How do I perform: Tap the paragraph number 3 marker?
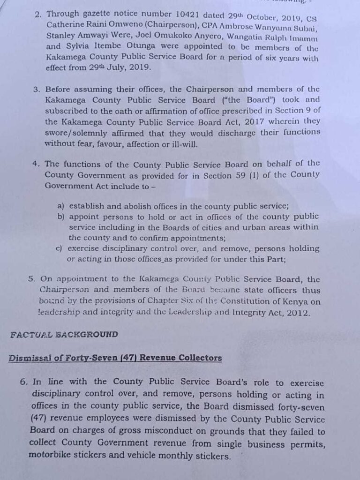37,89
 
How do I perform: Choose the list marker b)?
61,217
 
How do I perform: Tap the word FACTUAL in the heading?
30,335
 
